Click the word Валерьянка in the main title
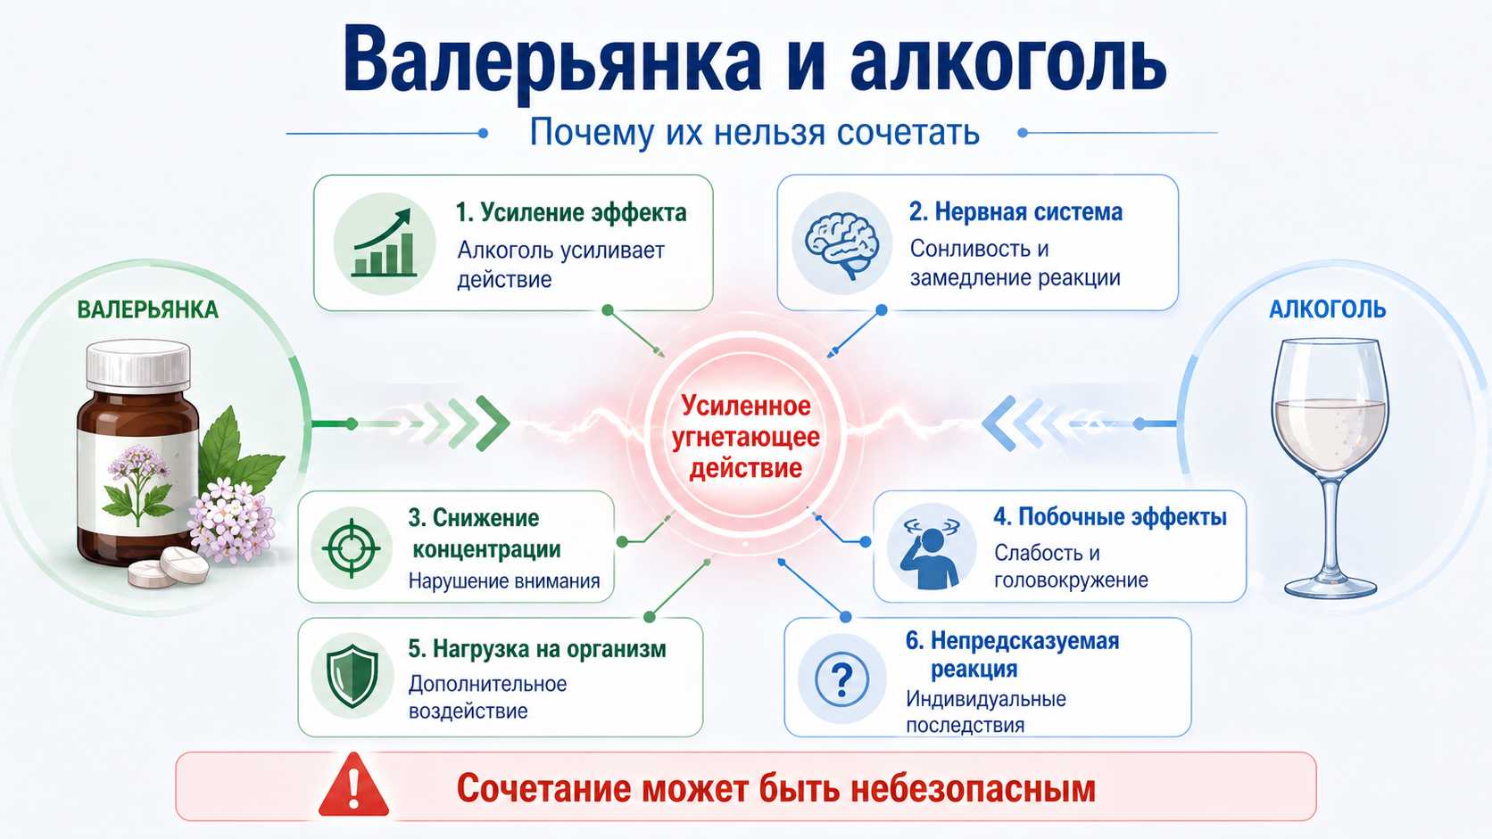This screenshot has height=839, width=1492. (552, 64)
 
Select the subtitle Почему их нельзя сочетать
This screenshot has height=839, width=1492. (754, 133)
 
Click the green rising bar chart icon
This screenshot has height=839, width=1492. (385, 243)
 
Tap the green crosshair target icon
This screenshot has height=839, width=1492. (351, 549)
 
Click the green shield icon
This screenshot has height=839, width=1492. (352, 675)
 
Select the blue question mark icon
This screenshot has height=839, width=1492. (841, 679)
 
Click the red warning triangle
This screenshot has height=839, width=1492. (353, 786)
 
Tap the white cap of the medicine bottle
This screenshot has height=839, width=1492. (138, 365)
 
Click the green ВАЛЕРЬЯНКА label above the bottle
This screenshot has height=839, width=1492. (148, 309)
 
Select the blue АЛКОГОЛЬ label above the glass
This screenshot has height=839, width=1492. (1327, 309)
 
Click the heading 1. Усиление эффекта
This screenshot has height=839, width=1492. (571, 213)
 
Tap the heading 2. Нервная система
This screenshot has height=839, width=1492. (1015, 211)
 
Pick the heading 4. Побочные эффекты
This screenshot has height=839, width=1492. (1110, 517)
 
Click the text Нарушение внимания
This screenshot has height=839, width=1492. (504, 580)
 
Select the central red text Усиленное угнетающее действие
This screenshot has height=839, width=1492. (745, 437)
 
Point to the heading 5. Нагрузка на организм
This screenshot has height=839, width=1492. (537, 649)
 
